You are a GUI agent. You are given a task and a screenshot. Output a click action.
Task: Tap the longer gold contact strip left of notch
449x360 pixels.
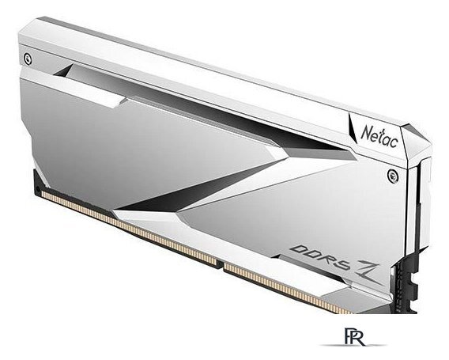(x=126, y=226)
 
